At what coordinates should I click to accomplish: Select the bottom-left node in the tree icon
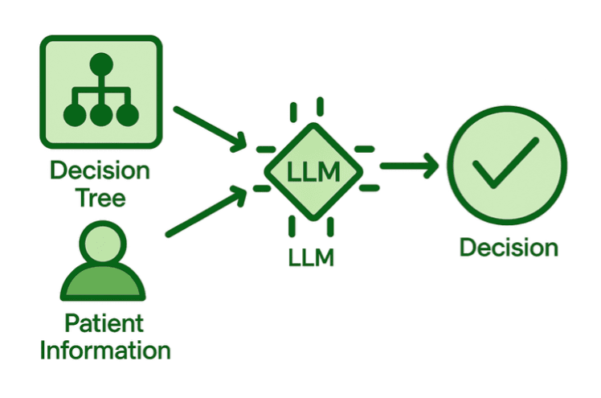click(75, 115)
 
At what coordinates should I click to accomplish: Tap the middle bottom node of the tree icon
click(100, 115)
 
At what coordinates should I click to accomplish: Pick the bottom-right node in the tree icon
click(126, 115)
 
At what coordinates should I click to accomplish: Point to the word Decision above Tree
click(100, 170)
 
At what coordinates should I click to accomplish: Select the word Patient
click(104, 324)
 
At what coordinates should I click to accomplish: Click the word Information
click(104, 351)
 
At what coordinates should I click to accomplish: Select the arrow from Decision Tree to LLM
click(210, 128)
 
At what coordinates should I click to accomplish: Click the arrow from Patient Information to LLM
click(206, 211)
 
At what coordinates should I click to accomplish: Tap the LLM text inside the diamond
click(313, 171)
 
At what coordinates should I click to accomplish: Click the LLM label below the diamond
click(312, 257)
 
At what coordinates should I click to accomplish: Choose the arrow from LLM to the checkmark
click(409, 167)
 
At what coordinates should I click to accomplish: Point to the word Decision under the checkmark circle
click(508, 247)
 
